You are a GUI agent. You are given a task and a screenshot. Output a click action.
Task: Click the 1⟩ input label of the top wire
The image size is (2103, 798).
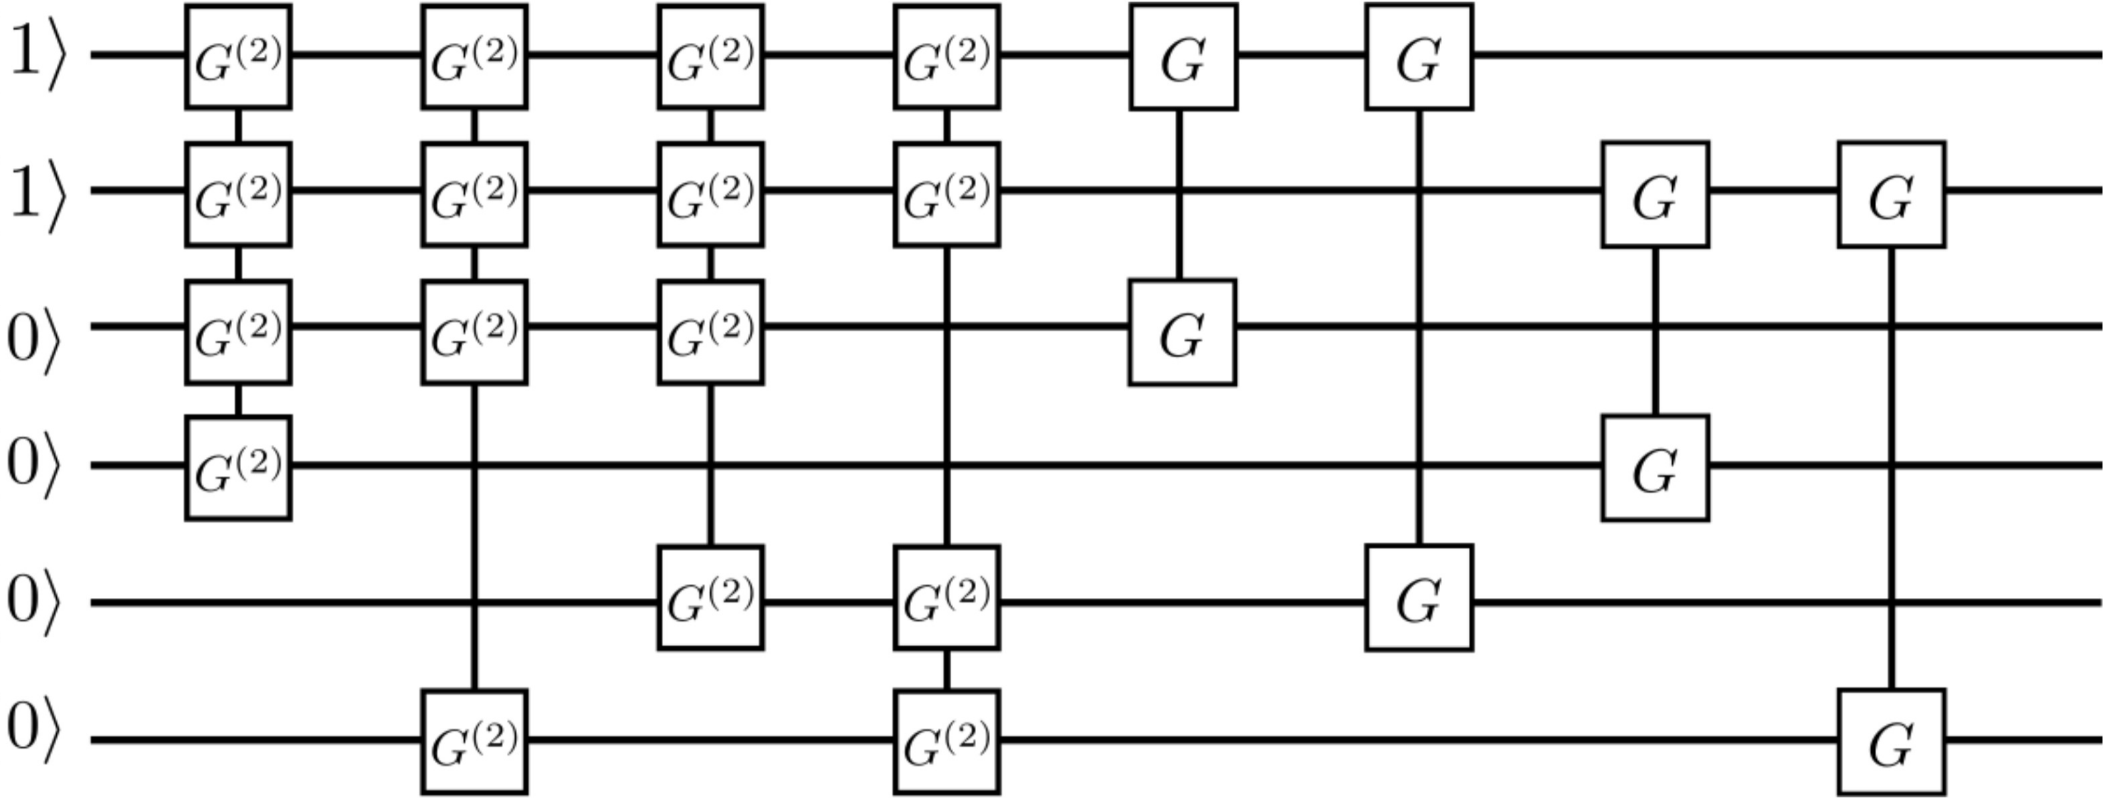36,56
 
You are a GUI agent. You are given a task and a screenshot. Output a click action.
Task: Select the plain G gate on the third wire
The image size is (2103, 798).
1182,332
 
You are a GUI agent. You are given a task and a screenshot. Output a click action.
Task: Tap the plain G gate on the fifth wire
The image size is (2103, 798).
1419,597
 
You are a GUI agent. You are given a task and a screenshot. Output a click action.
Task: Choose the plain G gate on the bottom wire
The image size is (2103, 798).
1892,742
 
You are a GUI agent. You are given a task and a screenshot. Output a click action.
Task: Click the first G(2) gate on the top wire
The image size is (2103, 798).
237,56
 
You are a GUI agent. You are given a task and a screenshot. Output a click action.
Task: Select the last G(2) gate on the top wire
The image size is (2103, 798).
946,56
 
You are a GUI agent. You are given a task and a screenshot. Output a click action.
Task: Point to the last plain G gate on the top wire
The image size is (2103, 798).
1419,56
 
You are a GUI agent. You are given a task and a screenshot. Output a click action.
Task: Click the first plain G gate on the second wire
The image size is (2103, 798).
1655,195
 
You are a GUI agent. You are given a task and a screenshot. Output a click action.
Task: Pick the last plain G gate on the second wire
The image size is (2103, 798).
1892,195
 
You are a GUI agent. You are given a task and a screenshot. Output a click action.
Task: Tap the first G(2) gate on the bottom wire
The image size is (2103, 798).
474,742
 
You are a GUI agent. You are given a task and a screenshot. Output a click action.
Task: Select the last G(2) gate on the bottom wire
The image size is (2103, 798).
946,742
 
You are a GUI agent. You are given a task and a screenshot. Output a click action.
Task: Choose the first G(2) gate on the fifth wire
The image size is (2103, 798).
710,597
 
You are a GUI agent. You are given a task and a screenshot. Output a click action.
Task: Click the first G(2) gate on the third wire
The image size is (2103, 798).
237,332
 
